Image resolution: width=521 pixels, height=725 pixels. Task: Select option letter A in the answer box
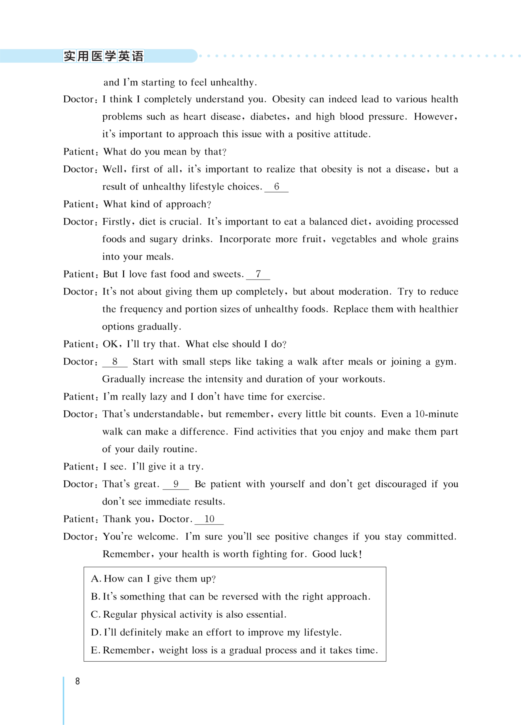[x=95, y=579]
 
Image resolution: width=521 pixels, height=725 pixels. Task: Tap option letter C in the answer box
[x=95, y=615]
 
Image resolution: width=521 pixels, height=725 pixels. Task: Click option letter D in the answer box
[x=95, y=633]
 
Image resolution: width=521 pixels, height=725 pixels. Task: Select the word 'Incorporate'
[x=245, y=239]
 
